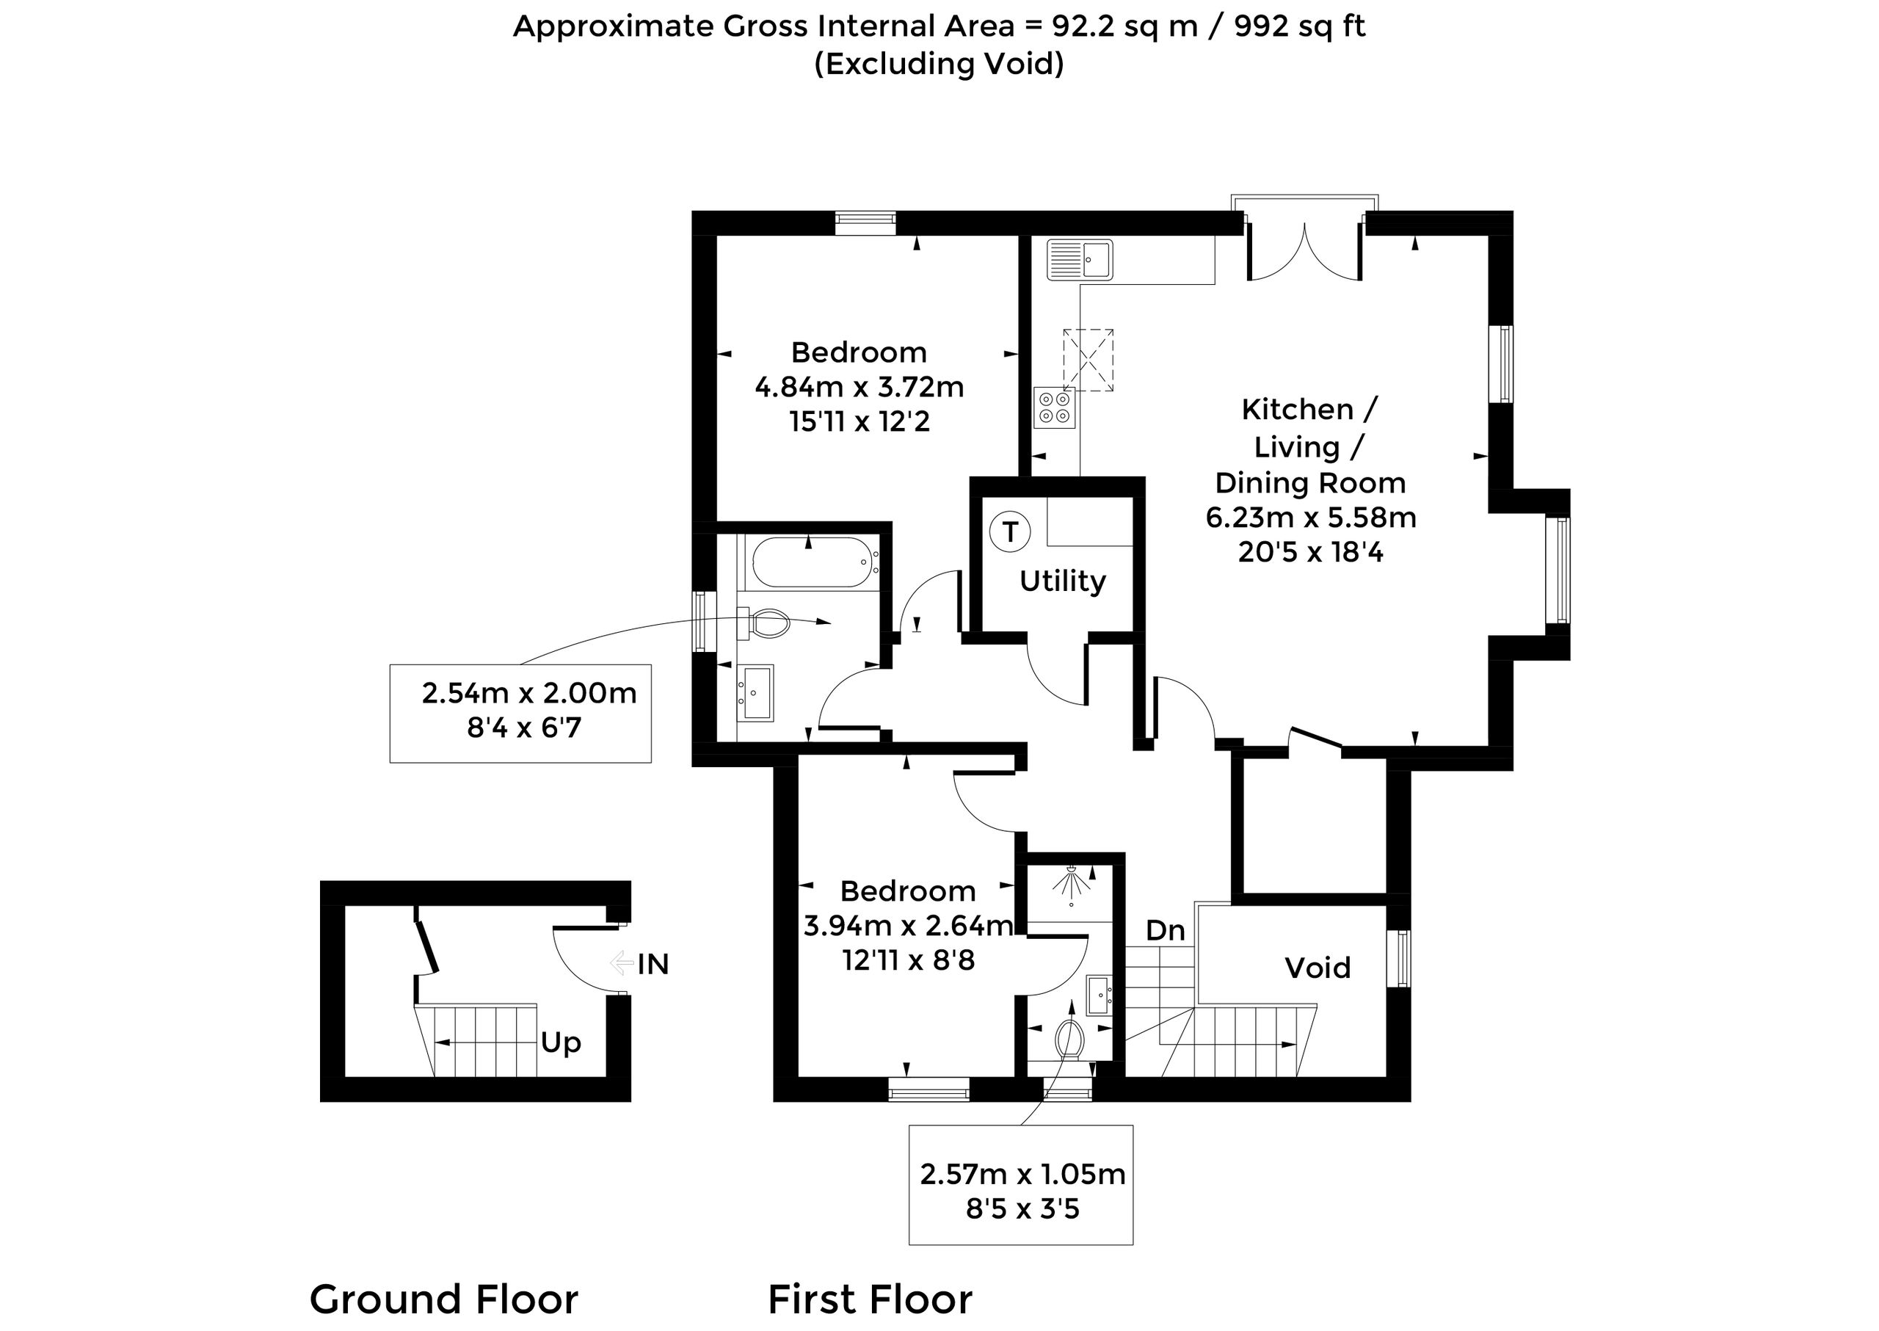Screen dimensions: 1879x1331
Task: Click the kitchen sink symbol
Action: [x=1079, y=260]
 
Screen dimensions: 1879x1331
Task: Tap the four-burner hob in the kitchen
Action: [x=1054, y=407]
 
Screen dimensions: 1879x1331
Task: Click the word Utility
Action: [x=1063, y=581]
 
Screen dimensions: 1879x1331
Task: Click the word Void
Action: [x=1317, y=968]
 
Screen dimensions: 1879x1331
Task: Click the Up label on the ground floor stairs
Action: [x=561, y=1043]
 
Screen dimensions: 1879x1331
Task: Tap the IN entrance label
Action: [x=653, y=965]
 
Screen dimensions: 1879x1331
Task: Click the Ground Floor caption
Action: [x=444, y=1299]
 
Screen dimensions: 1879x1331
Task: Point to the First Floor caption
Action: [x=871, y=1299]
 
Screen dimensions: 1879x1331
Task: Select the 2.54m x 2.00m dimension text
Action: [x=529, y=693]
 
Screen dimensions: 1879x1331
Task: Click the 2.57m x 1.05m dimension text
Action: [x=1022, y=1175]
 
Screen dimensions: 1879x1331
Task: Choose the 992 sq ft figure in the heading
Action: [x=1300, y=27]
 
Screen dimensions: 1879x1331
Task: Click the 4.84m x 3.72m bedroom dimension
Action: [x=859, y=387]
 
